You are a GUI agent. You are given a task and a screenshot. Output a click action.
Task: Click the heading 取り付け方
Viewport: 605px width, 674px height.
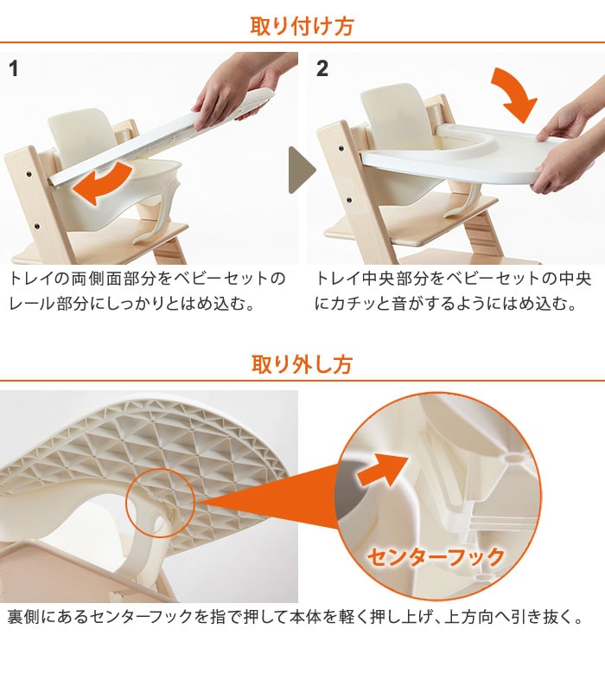click(302, 26)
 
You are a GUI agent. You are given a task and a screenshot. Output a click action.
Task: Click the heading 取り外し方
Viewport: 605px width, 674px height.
click(302, 364)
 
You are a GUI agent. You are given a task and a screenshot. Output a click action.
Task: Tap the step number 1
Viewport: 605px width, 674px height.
click(14, 68)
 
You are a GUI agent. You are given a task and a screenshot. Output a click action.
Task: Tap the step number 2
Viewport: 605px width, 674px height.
click(322, 68)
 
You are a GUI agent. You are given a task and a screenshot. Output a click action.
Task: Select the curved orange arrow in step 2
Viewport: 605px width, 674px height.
click(514, 96)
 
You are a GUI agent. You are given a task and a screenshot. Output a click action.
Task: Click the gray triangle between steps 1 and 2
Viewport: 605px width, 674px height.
click(302, 170)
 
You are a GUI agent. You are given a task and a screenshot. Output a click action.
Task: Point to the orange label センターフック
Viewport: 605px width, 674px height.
click(436, 557)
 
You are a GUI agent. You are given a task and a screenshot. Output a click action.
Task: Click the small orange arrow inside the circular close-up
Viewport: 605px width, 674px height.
click(382, 471)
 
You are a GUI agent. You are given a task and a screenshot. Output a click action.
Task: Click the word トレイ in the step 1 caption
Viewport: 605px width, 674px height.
click(32, 279)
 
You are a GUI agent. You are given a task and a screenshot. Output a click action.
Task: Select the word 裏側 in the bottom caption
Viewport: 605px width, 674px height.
click(23, 617)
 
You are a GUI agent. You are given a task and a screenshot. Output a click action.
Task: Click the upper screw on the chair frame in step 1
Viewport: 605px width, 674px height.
click(29, 174)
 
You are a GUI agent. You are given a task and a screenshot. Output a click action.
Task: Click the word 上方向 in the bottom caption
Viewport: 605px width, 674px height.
click(468, 617)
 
